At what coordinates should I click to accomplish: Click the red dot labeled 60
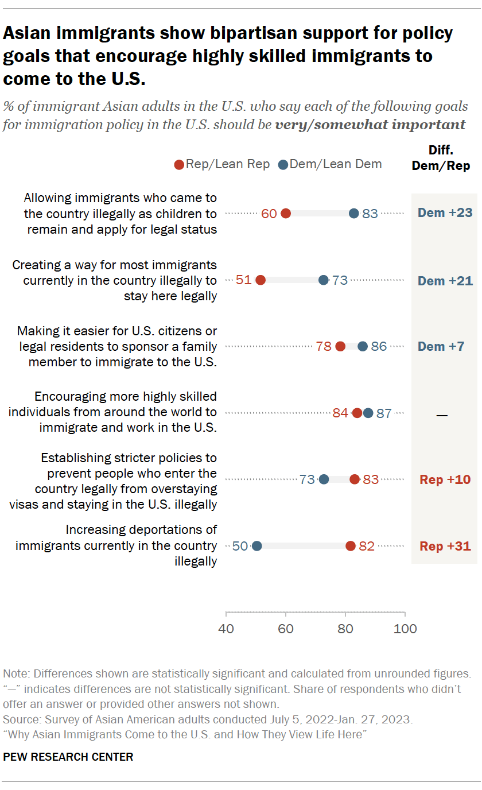coord(285,214)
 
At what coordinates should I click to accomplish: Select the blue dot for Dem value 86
coord(363,346)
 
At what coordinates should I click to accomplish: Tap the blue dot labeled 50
coord(256,546)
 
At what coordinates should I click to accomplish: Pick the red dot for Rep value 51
coord(260,280)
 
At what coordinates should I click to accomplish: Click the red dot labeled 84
coord(357,413)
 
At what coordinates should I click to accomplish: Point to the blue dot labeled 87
coord(368,413)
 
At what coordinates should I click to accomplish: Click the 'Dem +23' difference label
coord(445,213)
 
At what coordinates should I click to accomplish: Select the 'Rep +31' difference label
coord(445,546)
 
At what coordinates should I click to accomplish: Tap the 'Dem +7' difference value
coord(441,346)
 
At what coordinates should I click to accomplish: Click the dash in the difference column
coord(442,414)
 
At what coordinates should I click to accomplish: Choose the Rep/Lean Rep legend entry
coord(221,164)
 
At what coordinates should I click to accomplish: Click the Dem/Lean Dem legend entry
coord(330,164)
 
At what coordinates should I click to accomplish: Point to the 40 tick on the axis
coord(226,629)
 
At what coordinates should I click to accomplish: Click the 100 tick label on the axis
coord(405,629)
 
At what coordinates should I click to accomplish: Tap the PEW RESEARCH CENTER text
coord(68,757)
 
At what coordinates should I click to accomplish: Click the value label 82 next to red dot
coord(366,546)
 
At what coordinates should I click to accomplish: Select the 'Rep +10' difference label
coord(445,479)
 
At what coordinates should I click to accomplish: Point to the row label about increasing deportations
coord(116,545)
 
